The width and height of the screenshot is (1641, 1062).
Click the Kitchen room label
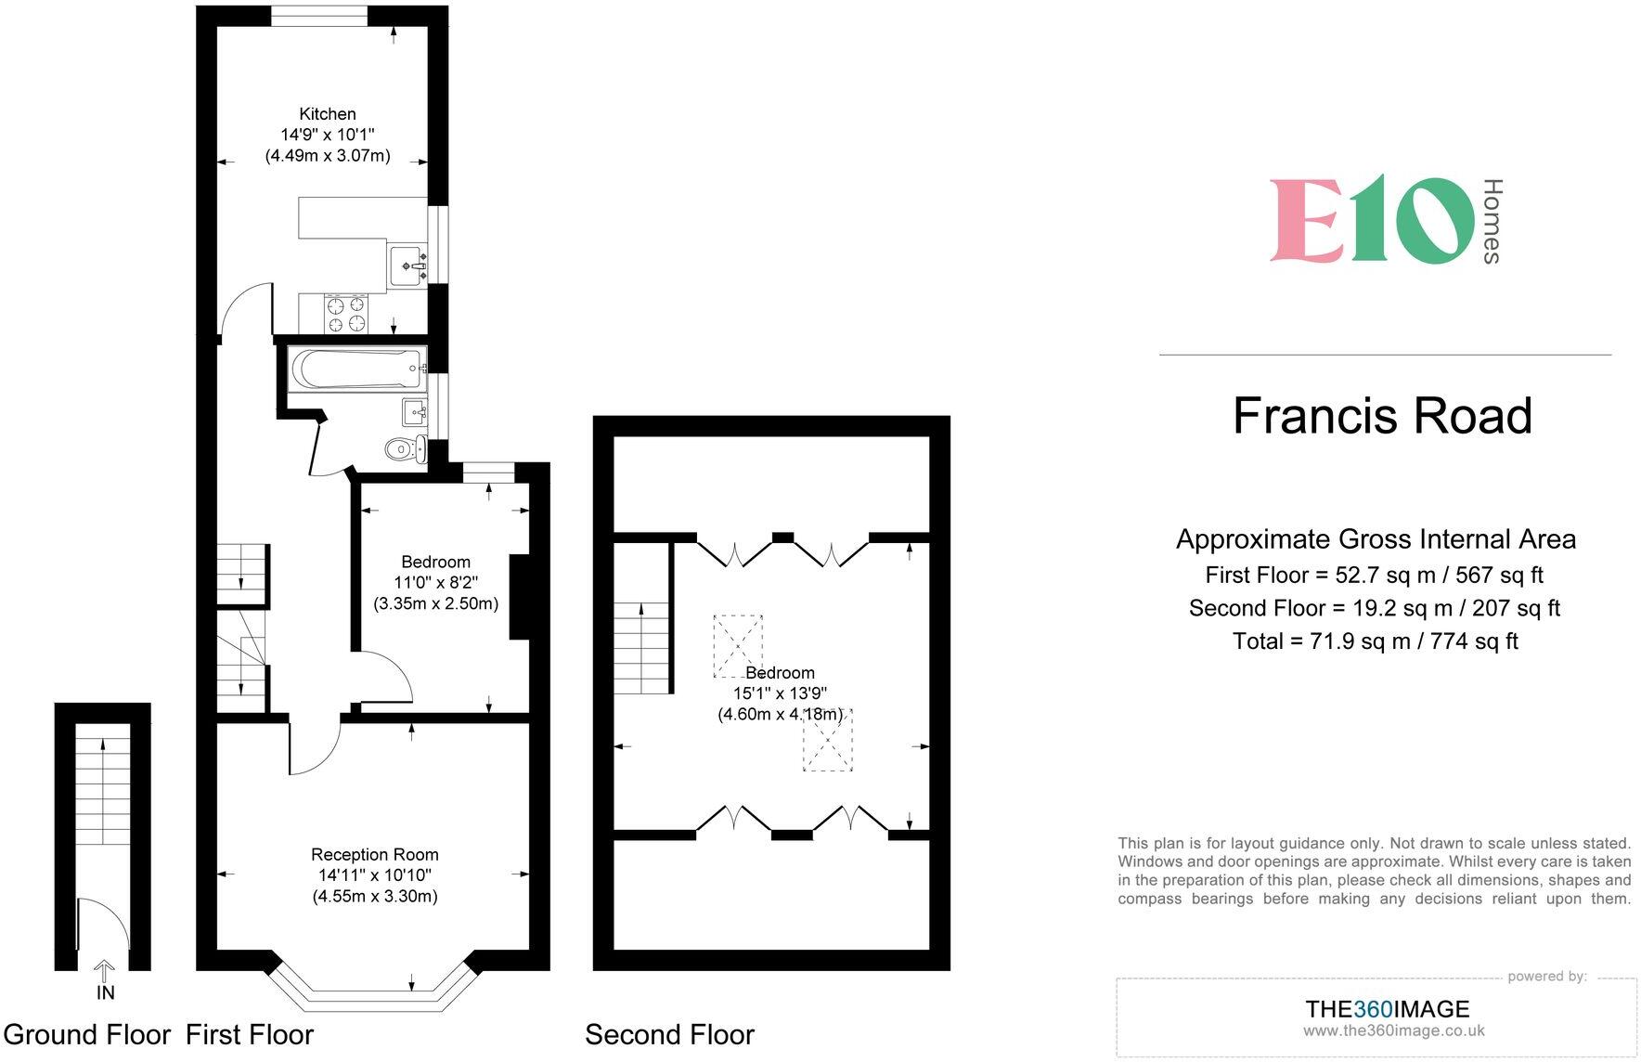point(327,114)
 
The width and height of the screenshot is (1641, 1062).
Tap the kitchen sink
point(407,265)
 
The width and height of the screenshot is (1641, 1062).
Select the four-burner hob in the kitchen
point(345,314)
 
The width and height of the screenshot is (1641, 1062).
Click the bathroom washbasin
point(414,410)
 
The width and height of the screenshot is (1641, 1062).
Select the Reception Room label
point(374,854)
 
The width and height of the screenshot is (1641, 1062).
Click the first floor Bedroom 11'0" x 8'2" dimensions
point(435,583)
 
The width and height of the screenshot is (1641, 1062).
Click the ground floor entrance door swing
point(101,928)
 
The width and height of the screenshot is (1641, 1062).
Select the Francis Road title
point(1382,416)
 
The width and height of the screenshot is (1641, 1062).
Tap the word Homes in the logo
point(1492,221)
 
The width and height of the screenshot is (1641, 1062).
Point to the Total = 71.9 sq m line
point(1375,641)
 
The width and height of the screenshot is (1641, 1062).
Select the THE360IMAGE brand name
point(1387,1009)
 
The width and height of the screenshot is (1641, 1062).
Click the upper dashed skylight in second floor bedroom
point(738,644)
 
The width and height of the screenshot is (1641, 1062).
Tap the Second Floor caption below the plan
point(669,1034)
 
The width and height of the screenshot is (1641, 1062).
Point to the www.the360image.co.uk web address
point(1393,1031)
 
